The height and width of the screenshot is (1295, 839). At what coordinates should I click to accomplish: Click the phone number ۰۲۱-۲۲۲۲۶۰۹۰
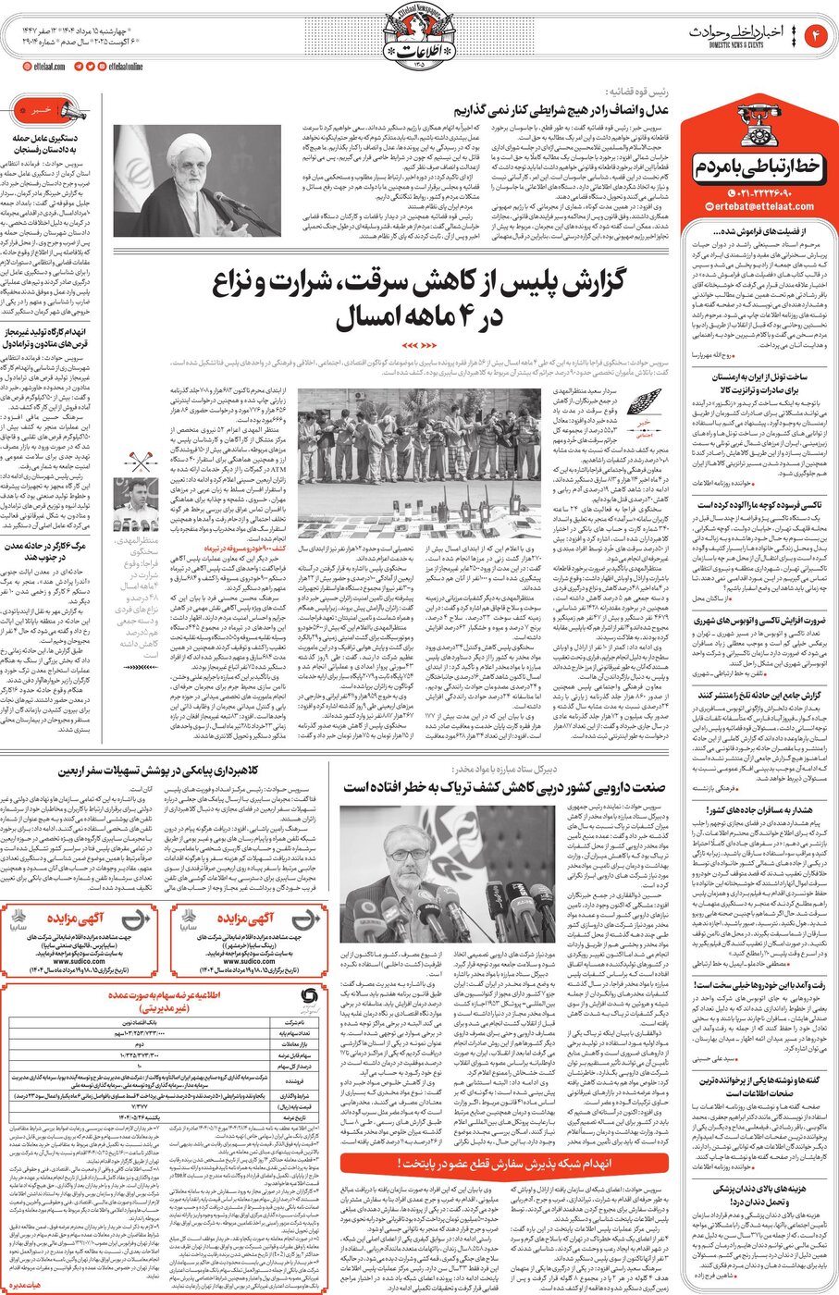coord(764,191)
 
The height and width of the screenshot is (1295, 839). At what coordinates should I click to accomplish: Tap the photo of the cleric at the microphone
coord(198,180)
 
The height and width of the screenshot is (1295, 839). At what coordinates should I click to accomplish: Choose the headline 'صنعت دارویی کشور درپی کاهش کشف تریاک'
coord(504,787)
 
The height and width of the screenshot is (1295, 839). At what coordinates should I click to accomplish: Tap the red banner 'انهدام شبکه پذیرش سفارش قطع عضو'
coord(504,1163)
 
